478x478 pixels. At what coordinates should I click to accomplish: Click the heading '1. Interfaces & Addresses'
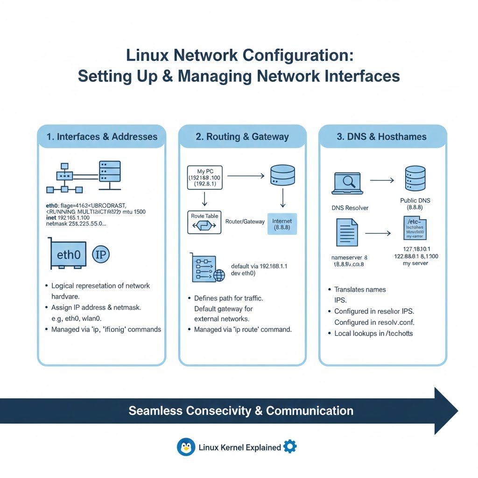pos(102,137)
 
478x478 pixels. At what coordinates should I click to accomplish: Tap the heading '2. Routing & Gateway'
pos(242,137)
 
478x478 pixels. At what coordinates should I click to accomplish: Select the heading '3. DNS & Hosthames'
pos(382,137)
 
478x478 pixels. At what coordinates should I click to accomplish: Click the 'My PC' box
pos(205,177)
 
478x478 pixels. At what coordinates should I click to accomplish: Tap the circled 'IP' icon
pos(101,254)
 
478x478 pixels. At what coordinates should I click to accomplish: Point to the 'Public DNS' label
pos(415,200)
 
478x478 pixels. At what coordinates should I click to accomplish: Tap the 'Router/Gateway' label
pos(244,222)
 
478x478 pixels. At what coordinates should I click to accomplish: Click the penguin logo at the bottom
pos(186,447)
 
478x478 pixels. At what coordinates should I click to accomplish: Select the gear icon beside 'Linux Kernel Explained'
pos(290,447)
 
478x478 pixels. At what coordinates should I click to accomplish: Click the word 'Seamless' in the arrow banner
pos(155,411)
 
